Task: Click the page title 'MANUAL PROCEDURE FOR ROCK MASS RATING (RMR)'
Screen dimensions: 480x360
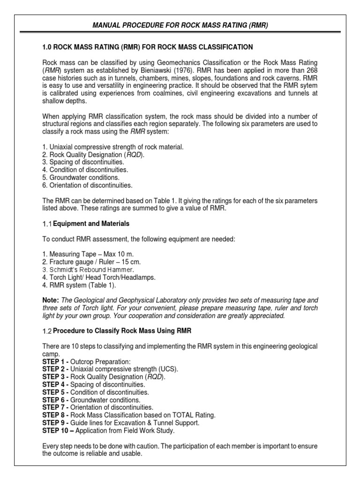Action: pos(180,24)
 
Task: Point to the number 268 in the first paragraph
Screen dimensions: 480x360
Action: pos(312,70)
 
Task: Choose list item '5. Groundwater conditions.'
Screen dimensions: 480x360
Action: pos(81,178)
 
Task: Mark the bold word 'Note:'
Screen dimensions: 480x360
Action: pos(51,300)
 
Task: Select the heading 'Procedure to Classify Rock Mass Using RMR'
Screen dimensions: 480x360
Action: pos(122,331)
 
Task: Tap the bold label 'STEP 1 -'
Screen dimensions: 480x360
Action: pos(55,361)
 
